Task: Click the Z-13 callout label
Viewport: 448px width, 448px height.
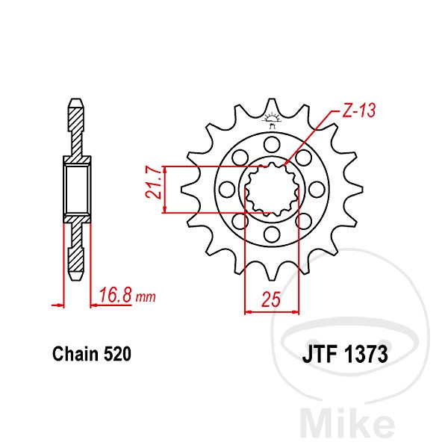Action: coord(358,110)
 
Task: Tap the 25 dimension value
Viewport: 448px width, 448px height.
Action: coord(271,299)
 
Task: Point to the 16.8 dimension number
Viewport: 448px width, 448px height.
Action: coord(116,296)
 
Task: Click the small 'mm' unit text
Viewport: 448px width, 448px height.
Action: coord(146,297)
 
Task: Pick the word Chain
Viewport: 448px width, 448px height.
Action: coord(75,354)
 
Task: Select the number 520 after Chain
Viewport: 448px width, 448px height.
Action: coord(117,354)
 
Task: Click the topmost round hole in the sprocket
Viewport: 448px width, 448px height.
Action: coord(272,144)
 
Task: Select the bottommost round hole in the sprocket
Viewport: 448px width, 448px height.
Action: coord(272,234)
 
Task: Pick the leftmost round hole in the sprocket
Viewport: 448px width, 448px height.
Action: coord(227,189)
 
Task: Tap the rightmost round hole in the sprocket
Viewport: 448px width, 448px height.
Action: coord(317,189)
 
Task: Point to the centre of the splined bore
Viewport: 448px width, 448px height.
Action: coord(272,189)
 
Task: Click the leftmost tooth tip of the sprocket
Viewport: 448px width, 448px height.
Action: coord(181,189)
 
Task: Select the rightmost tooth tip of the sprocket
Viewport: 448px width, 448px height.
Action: coord(362,189)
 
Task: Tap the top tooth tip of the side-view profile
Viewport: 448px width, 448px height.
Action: coord(77,99)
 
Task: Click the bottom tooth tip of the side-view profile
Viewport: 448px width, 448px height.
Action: coord(77,280)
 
